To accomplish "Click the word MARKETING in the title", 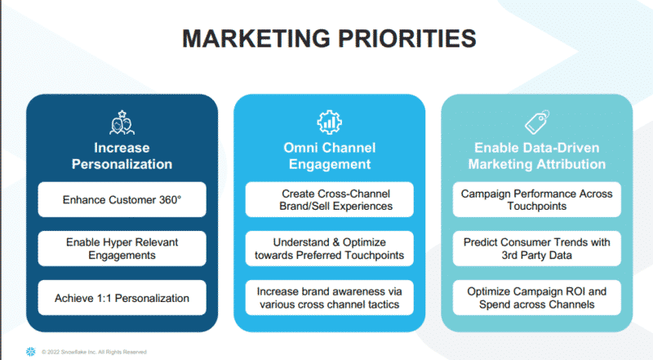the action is [x=256, y=38].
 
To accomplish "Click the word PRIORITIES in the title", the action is [x=406, y=38].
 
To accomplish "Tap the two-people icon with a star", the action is [x=122, y=122].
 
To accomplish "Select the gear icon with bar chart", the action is [x=330, y=122].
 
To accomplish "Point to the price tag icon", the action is [x=537, y=122].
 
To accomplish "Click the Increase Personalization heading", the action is [x=122, y=156].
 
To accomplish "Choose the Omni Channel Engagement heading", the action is [x=330, y=156].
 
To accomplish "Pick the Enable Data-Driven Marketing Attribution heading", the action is [x=537, y=156].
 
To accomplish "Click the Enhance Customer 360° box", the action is [x=122, y=199].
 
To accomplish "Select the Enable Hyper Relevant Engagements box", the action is [x=122, y=249].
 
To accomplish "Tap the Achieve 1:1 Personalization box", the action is [x=122, y=298].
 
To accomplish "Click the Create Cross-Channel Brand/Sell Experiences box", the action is [x=330, y=199].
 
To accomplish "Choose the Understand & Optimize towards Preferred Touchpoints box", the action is [x=330, y=249].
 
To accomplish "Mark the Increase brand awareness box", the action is [x=330, y=298].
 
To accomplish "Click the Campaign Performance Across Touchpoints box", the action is [x=537, y=199].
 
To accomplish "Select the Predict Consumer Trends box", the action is [x=537, y=249].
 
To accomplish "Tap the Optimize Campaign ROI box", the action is [x=537, y=298].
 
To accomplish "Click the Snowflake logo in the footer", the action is [x=31, y=352].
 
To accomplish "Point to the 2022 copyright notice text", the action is [x=94, y=352].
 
